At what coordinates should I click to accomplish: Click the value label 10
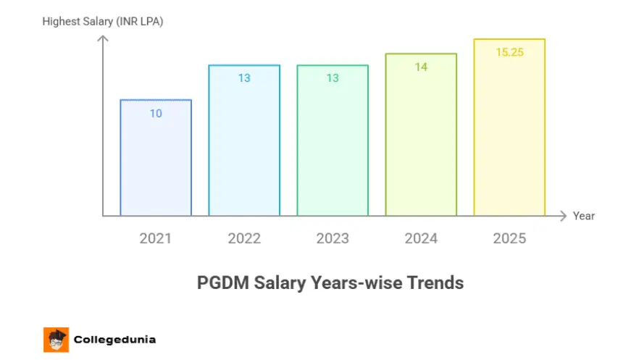[156, 113]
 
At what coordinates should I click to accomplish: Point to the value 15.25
[509, 53]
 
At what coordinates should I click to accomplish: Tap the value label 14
[421, 67]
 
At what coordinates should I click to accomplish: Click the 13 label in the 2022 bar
[244, 78]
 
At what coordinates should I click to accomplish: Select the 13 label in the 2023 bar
[333, 78]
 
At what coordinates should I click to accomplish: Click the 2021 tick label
[156, 238]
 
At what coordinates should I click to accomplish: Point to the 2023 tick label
[333, 238]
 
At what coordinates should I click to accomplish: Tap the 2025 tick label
[509, 238]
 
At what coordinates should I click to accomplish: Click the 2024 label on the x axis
[421, 238]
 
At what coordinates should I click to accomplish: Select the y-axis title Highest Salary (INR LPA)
[103, 21]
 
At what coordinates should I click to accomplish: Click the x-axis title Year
[583, 216]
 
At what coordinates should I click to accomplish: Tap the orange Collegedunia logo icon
[56, 339]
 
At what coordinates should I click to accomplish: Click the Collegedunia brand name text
[114, 339]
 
